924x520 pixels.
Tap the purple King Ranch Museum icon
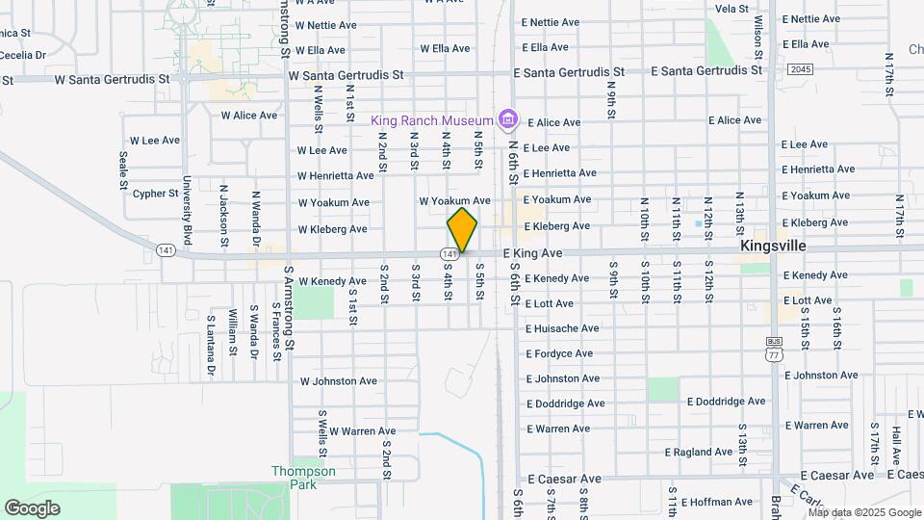[509, 120]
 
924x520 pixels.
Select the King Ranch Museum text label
[432, 120]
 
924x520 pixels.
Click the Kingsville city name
[773, 247]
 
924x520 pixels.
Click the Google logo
[32, 508]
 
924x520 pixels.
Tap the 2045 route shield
[799, 69]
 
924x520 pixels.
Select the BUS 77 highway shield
[773, 349]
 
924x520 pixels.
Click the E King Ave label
[532, 252]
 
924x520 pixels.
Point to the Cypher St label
[156, 194]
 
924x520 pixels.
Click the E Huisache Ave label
[563, 328]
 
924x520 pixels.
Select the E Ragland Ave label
[700, 452]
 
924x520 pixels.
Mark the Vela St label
[731, 9]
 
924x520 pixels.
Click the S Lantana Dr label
[211, 345]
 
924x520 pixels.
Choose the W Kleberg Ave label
[333, 229]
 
